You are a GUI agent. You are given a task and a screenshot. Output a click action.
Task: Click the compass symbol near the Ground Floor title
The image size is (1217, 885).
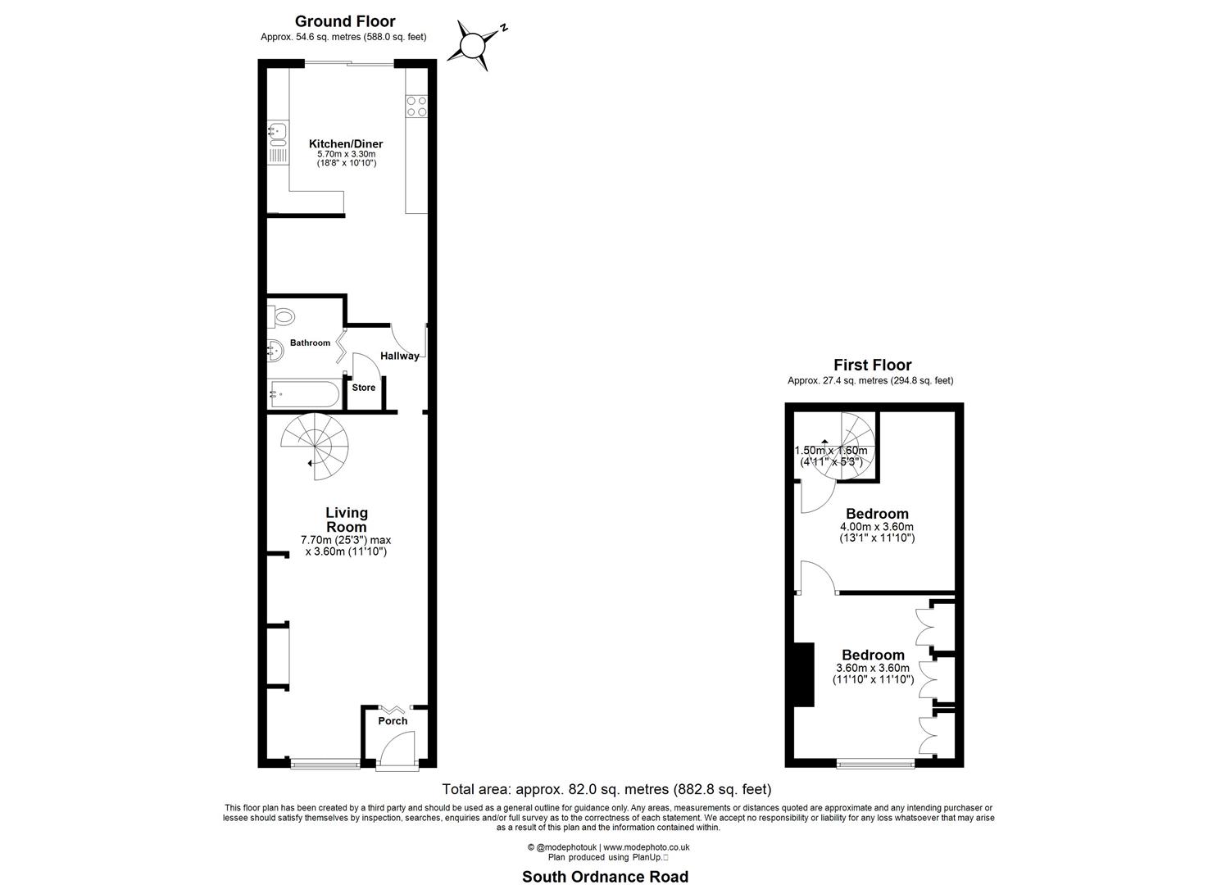pyautogui.click(x=474, y=44)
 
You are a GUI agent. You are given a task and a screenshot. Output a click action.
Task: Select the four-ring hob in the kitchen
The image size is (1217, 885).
pyautogui.click(x=416, y=106)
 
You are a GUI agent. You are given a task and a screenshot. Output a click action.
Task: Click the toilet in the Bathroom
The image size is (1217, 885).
pyautogui.click(x=283, y=315)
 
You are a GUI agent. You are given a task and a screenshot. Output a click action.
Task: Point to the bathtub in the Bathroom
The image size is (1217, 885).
pyautogui.click(x=303, y=394)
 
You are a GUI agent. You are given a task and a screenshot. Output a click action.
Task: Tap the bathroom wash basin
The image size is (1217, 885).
pyautogui.click(x=275, y=351)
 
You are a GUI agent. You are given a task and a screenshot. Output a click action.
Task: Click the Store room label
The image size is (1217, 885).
pyautogui.click(x=363, y=388)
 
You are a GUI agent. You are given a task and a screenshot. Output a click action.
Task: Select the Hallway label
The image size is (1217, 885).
pyautogui.click(x=399, y=356)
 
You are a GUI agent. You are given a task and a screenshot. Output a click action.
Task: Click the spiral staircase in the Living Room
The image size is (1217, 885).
pyautogui.click(x=315, y=446)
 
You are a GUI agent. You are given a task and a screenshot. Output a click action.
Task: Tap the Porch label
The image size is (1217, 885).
pyautogui.click(x=393, y=721)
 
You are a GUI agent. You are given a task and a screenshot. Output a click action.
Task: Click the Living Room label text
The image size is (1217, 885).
pyautogui.click(x=346, y=520)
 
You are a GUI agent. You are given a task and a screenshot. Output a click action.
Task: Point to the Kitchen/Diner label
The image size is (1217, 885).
pyautogui.click(x=346, y=143)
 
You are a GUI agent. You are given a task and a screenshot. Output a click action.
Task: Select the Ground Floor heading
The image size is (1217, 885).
pyautogui.click(x=344, y=21)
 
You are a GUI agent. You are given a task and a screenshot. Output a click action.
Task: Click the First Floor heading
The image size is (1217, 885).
pyautogui.click(x=872, y=365)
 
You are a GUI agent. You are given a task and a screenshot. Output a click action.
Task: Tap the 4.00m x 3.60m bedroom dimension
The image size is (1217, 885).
pyautogui.click(x=876, y=527)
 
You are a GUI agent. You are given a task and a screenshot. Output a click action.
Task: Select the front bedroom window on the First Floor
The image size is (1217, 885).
pyautogui.click(x=875, y=764)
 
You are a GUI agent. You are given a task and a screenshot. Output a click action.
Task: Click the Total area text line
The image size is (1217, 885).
pyautogui.click(x=606, y=790)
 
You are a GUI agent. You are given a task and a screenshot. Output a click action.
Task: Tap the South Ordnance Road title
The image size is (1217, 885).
pyautogui.click(x=605, y=876)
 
